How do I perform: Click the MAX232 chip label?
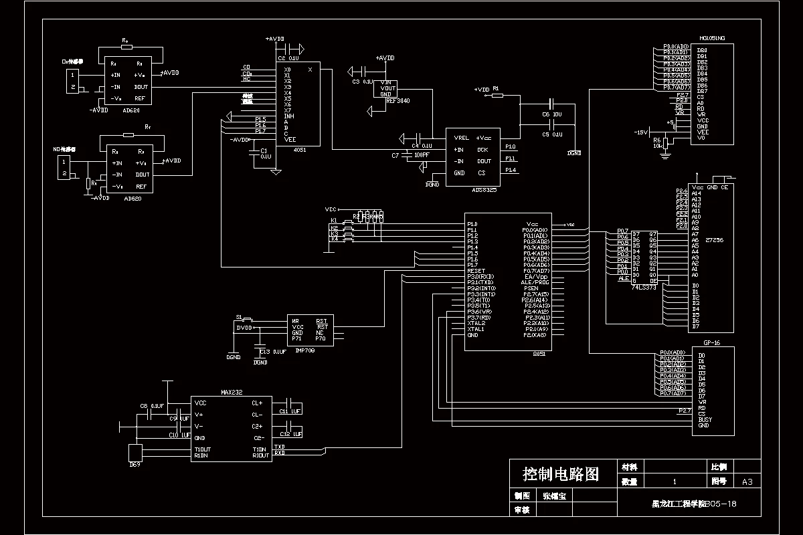coord(231,392)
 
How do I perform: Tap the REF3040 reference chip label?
coord(398,100)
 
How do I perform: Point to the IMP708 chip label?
coord(305,350)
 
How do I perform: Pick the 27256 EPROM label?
coord(715,239)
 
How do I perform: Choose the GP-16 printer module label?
coord(711,342)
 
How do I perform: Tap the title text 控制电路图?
coord(560,475)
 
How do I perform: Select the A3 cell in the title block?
coord(747,481)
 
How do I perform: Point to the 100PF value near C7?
coord(422,155)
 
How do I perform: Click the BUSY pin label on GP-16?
coord(705,419)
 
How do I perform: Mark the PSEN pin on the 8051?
coord(531,288)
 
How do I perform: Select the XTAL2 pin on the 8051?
coord(476,323)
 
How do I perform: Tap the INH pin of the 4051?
coord(289,116)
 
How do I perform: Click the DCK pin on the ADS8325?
coord(483,149)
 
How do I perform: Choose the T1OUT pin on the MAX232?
coord(202,449)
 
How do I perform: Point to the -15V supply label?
coord(641,132)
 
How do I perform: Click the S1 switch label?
coord(239,316)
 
